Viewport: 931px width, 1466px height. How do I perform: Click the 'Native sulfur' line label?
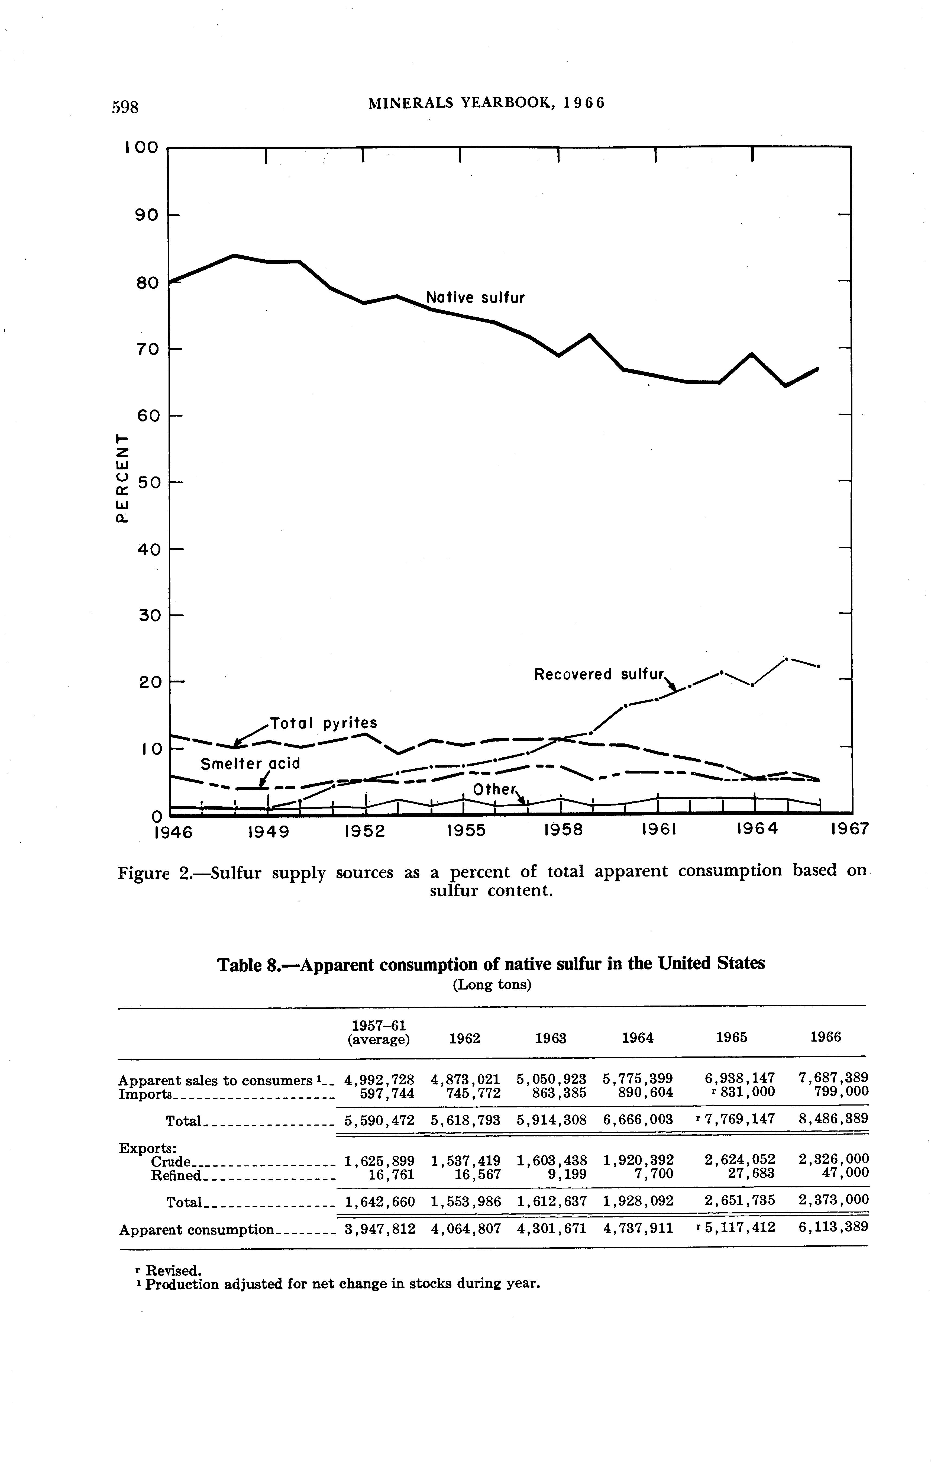click(475, 298)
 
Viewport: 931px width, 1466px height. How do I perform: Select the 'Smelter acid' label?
click(251, 763)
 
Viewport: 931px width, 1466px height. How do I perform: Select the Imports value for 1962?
click(465, 1093)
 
